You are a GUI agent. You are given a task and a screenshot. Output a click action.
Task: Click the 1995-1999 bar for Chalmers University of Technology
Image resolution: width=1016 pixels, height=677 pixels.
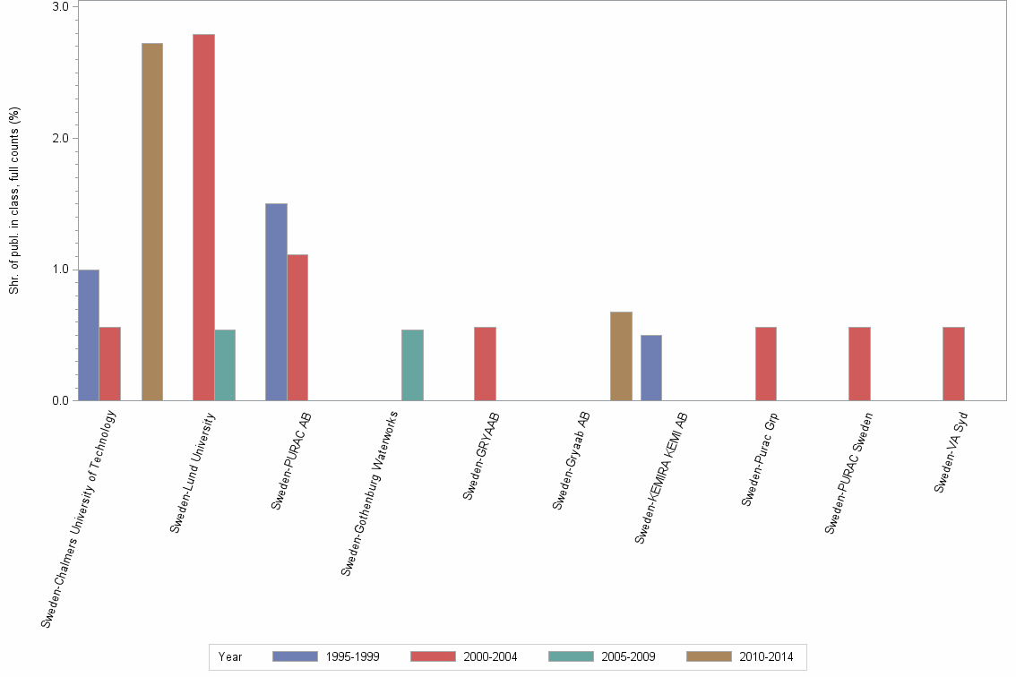tap(89, 335)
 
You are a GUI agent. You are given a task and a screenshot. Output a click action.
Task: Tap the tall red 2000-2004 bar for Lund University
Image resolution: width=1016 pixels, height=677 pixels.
tap(203, 218)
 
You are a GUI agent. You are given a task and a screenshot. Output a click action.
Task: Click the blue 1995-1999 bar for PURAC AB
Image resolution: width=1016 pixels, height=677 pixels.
tap(276, 302)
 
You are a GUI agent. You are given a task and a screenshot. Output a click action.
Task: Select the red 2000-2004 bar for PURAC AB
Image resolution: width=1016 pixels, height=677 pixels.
tap(297, 328)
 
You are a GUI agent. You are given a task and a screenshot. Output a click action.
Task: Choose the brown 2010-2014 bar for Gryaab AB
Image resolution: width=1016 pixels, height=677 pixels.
tap(621, 356)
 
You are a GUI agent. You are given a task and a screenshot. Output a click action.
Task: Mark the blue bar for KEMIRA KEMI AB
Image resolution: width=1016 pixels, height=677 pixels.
tap(651, 368)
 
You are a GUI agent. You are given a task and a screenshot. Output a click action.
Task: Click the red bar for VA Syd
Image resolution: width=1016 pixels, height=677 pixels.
tap(953, 364)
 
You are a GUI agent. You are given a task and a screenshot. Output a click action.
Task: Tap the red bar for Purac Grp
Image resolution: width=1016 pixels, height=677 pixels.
tap(766, 364)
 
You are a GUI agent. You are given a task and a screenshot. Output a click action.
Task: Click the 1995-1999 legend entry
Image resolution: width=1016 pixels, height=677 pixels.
tap(326, 656)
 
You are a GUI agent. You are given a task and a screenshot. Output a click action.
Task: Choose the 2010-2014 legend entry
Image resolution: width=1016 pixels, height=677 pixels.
tap(740, 656)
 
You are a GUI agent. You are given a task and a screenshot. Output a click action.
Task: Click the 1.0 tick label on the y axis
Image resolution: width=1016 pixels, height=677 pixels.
tap(61, 270)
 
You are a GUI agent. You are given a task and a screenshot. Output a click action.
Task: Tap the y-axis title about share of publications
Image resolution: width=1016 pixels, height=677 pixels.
tap(14, 201)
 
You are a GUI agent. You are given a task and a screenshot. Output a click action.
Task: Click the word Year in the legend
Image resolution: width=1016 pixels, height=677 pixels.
tap(230, 656)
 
